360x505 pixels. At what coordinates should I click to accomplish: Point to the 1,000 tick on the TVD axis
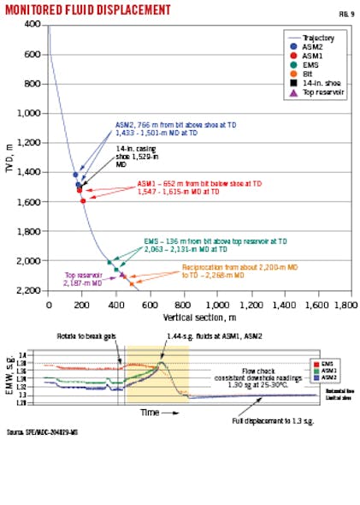tap(32, 113)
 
